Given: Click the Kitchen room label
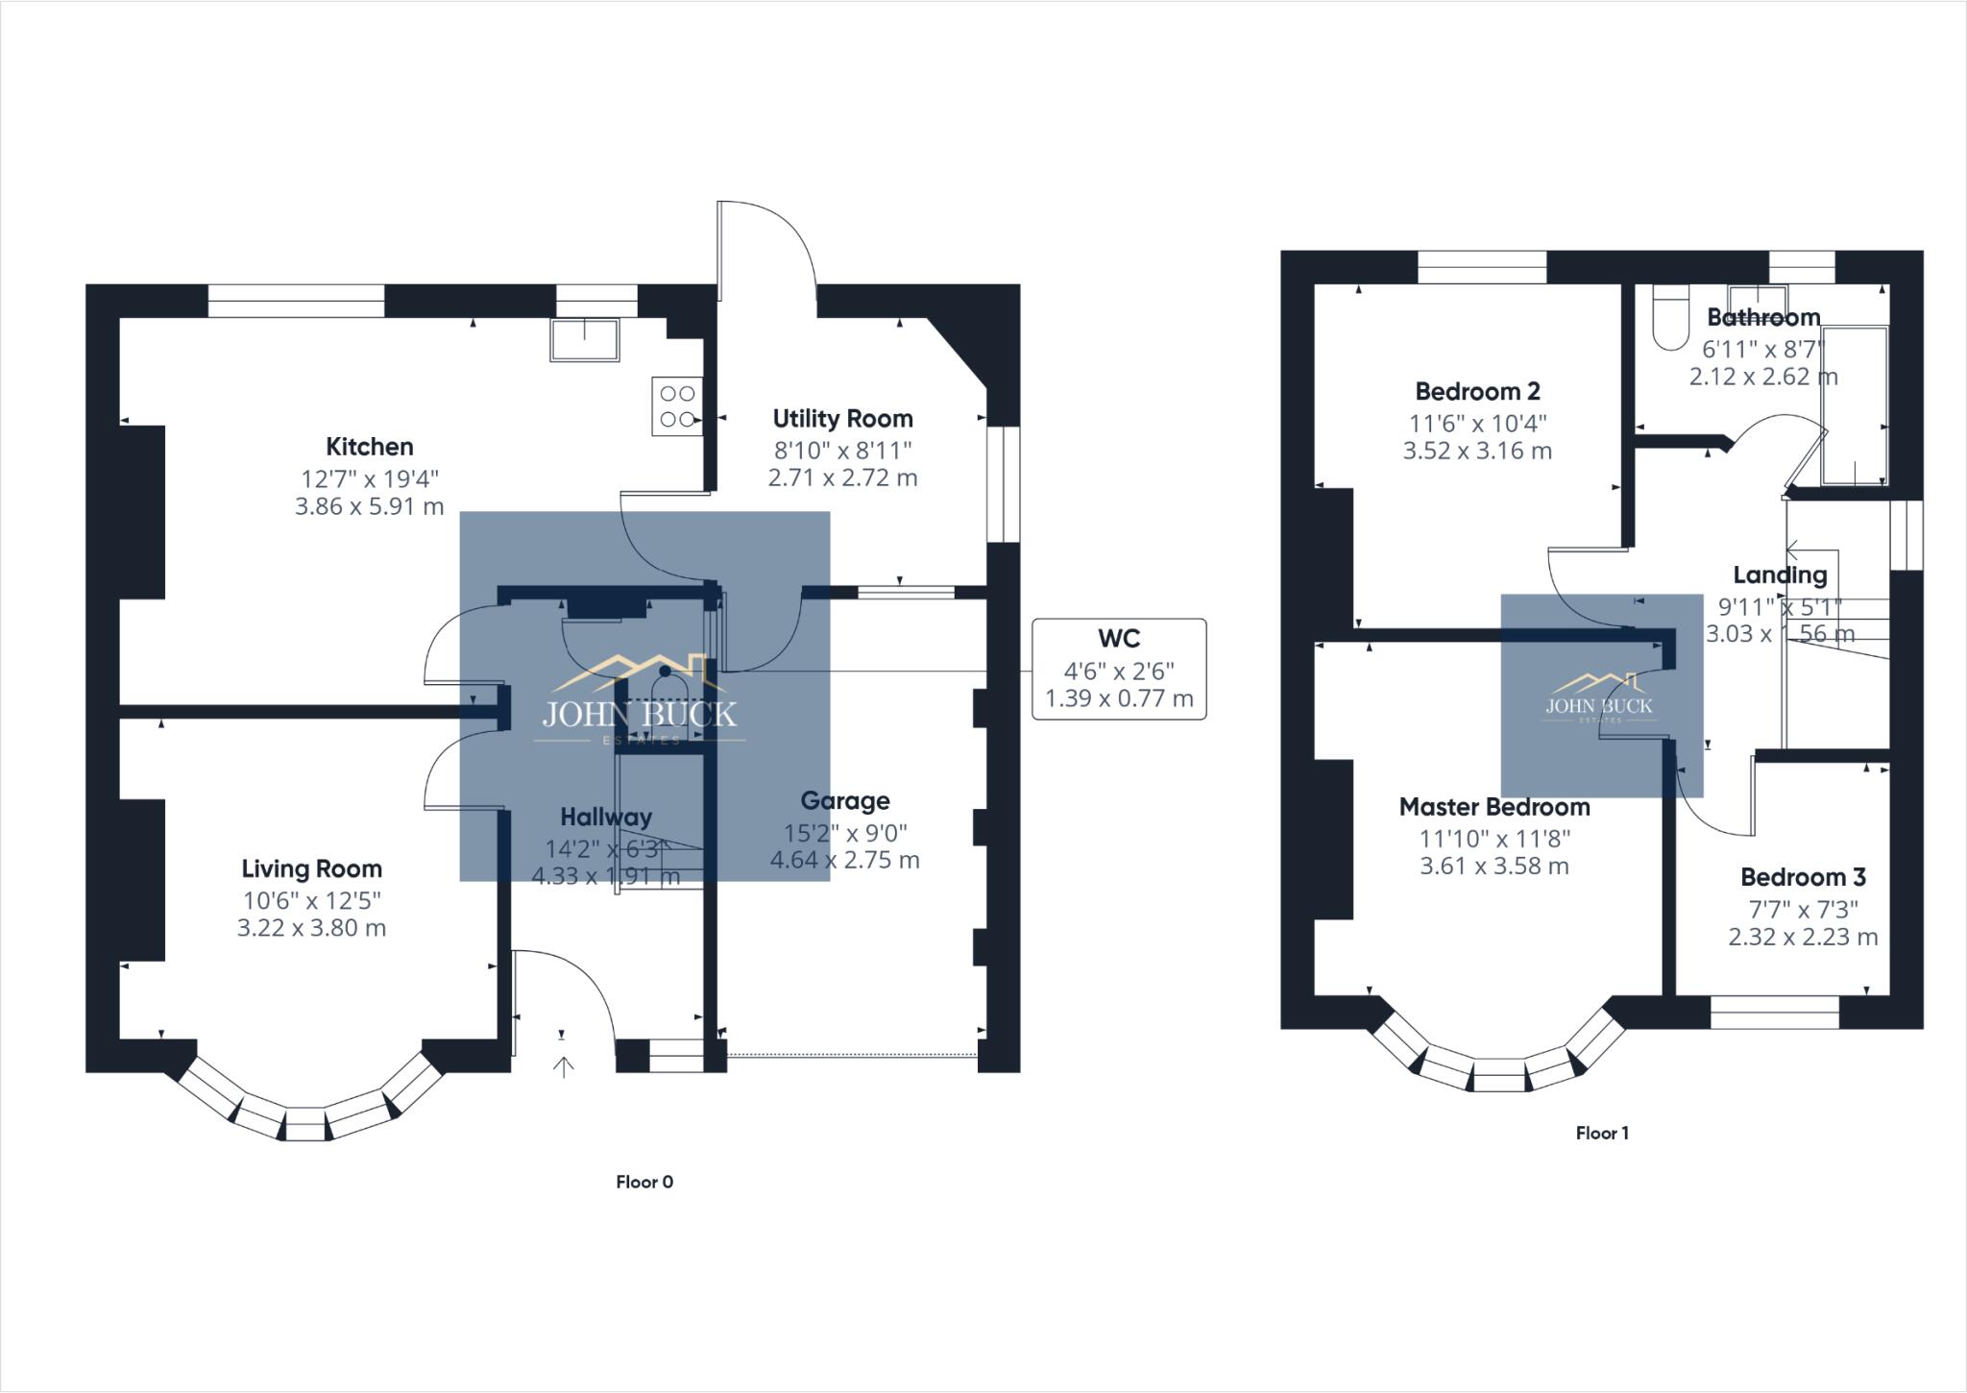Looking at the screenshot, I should (370, 447).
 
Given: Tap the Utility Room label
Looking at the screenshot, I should (842, 419).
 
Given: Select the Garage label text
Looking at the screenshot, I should (845, 801).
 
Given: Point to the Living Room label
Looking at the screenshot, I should (311, 869).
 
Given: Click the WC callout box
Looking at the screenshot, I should (1119, 669).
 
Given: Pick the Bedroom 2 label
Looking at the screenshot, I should (1477, 392).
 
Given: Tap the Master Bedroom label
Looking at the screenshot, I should (1493, 807).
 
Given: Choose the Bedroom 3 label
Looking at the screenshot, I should (1803, 877).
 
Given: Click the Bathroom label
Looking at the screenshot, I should (1763, 317).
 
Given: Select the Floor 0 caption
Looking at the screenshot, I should (644, 1182).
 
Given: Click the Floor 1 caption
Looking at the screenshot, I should (1602, 1134).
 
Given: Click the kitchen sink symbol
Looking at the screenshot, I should (584, 340).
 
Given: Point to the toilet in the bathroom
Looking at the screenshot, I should (1671, 322).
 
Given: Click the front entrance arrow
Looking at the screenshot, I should (563, 1066).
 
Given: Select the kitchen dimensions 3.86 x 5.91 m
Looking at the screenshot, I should (370, 506).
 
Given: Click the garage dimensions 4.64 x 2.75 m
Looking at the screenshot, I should (845, 861).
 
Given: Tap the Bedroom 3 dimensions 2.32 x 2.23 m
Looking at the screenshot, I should (1803, 937).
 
